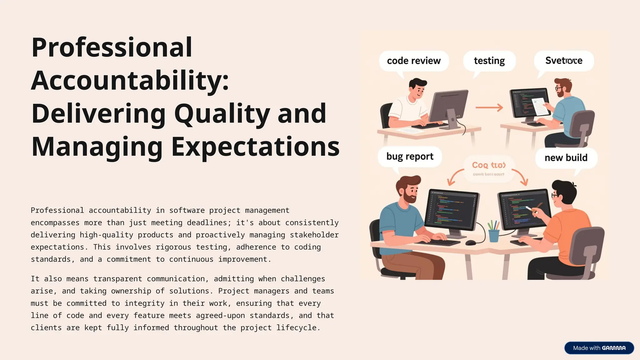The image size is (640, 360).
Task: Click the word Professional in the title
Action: click(x=112, y=47)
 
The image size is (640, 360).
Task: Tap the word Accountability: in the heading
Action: click(x=130, y=81)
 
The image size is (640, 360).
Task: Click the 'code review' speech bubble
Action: click(x=413, y=61)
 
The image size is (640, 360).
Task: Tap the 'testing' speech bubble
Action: click(x=489, y=61)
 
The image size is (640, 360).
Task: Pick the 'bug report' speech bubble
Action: click(x=410, y=156)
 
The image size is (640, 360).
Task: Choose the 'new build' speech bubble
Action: click(x=566, y=158)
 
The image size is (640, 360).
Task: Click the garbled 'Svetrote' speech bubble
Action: click(x=563, y=61)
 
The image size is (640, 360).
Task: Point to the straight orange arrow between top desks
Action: click(x=489, y=108)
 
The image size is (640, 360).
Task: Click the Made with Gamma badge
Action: click(x=599, y=348)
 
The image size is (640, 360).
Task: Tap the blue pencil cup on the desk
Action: click(x=494, y=235)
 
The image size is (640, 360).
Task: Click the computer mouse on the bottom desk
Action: click(x=471, y=243)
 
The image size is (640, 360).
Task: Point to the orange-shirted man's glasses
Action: click(x=555, y=196)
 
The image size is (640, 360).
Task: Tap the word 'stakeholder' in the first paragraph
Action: click(x=314, y=235)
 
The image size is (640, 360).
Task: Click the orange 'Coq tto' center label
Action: click(x=488, y=165)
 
